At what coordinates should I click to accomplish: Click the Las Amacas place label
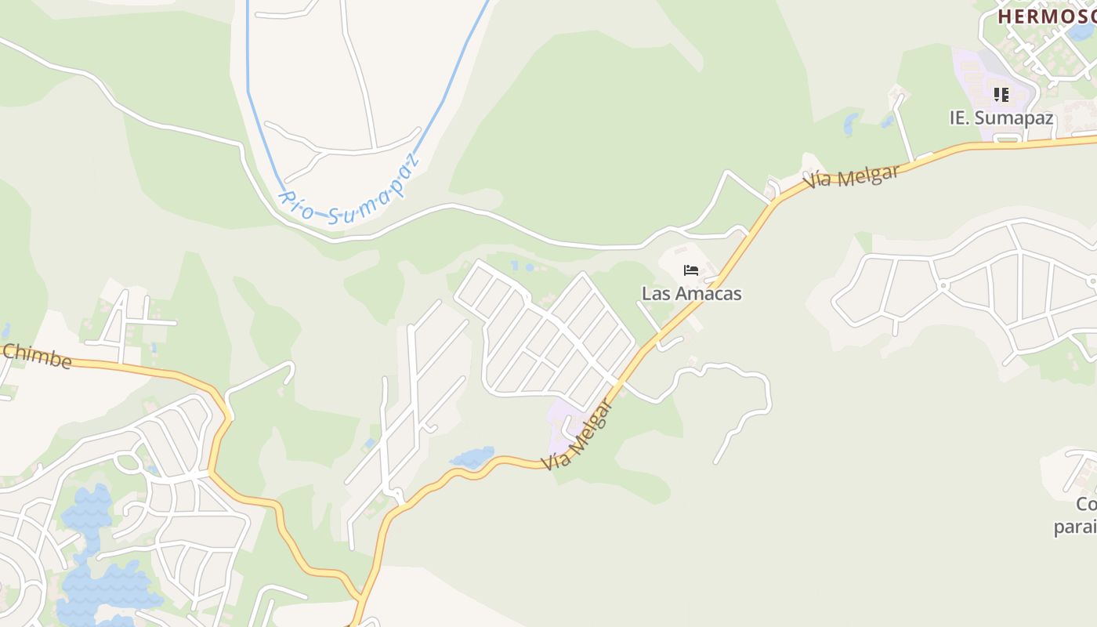[x=691, y=294]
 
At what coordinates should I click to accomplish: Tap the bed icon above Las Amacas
[x=690, y=270]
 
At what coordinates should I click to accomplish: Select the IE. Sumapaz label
[x=1001, y=118]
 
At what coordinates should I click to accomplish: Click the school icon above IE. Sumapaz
[x=1001, y=95]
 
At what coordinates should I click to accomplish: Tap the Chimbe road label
[x=36, y=357]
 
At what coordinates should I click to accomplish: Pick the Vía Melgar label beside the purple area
[x=578, y=436]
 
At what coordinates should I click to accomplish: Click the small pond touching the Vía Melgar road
[x=472, y=458]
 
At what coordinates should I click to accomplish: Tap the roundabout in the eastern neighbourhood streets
[x=943, y=285]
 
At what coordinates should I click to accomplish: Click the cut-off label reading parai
[x=1075, y=527]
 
